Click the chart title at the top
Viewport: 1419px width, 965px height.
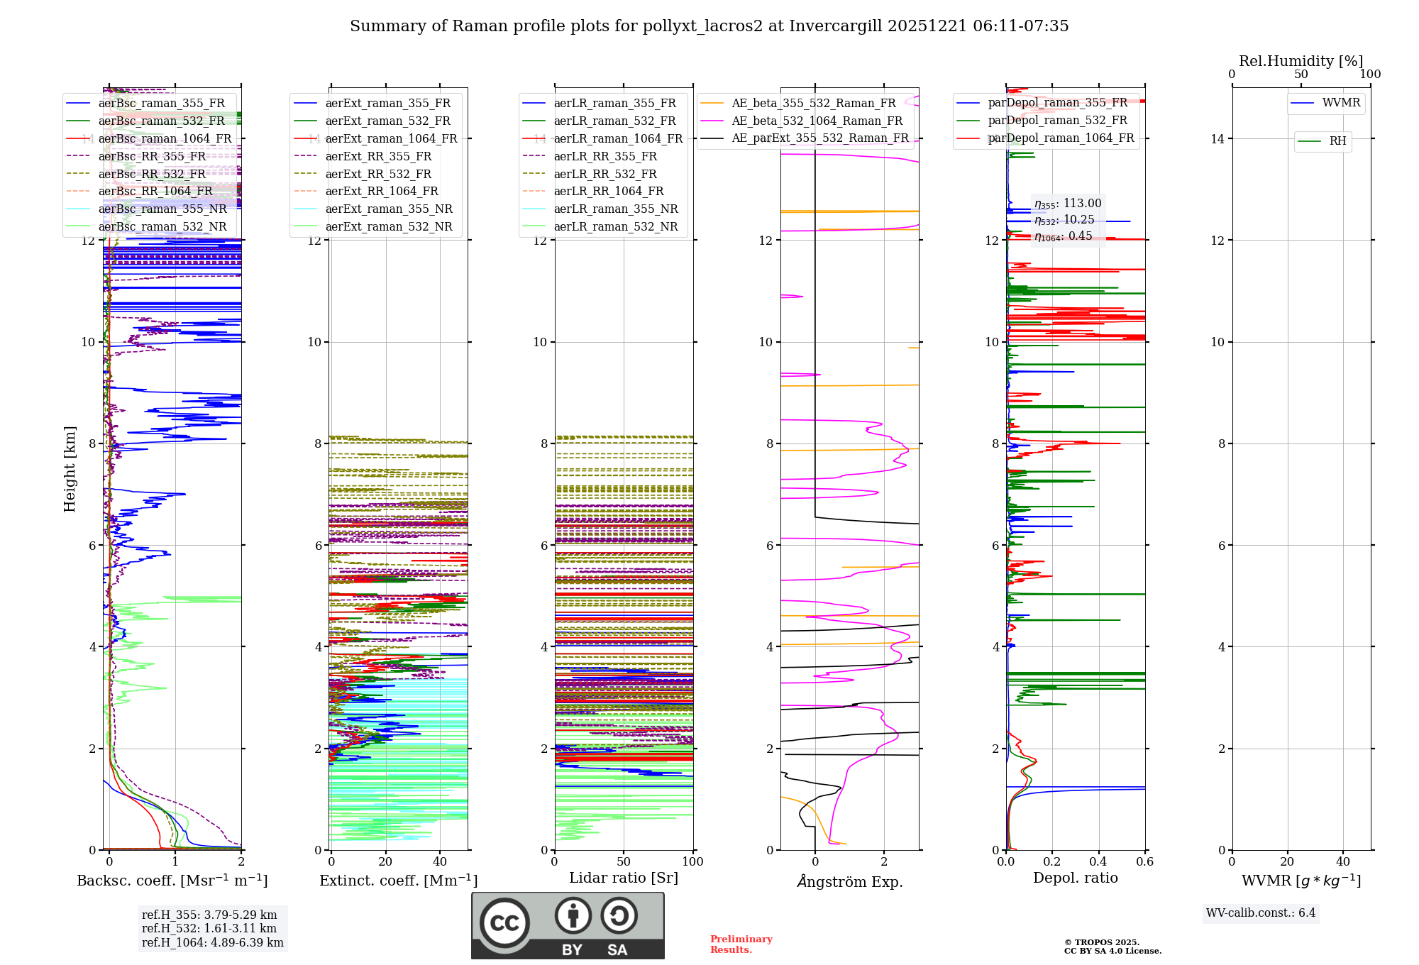tap(709, 26)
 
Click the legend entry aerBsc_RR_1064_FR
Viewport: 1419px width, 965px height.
tap(155, 192)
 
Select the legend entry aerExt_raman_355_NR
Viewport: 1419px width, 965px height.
tap(388, 209)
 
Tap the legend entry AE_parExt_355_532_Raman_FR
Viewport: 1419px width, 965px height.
tap(819, 138)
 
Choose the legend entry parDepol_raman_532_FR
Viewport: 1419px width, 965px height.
tap(1057, 121)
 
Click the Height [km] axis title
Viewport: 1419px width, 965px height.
tap(70, 468)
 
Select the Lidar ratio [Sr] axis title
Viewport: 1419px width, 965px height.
tap(623, 878)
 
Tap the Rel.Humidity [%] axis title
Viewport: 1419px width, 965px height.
tap(1301, 61)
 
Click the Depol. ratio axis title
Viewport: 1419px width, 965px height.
tap(1075, 878)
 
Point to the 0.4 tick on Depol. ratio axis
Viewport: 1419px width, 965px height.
tap(1098, 862)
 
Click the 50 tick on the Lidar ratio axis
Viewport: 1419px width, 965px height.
tap(624, 862)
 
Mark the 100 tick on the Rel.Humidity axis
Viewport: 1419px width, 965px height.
tap(1370, 75)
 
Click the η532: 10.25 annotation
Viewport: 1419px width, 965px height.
tap(1064, 220)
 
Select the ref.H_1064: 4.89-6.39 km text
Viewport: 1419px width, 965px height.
tap(212, 943)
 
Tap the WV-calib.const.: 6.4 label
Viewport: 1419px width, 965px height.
tap(1260, 913)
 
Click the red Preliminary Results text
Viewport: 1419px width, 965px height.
tap(741, 944)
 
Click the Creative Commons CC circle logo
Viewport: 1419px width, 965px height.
tap(504, 923)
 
